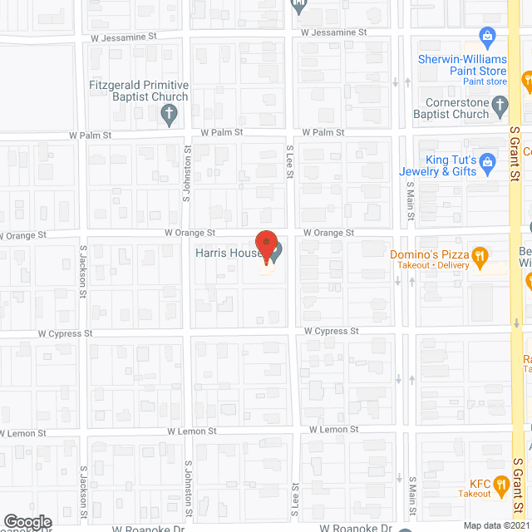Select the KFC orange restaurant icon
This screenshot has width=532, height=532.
[500, 483]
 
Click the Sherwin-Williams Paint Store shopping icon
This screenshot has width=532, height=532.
[488, 36]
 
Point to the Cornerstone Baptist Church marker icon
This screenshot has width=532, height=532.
[499, 105]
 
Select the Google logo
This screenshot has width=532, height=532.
[27, 521]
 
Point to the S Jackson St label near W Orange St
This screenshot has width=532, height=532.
[83, 271]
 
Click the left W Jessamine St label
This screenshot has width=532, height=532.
[124, 37]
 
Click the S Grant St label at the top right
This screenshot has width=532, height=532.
[515, 154]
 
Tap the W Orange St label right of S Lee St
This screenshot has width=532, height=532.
[328, 233]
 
